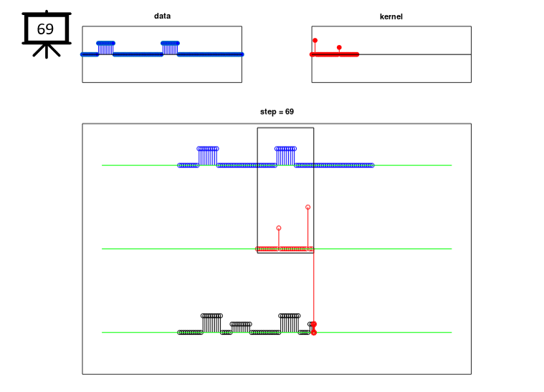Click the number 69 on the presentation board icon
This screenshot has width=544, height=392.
tap(45, 29)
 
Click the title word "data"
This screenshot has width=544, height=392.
tap(162, 16)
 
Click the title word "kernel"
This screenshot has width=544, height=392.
tap(391, 16)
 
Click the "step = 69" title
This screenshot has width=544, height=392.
tap(277, 112)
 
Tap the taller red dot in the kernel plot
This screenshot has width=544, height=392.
tap(315, 41)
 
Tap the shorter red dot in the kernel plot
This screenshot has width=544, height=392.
tap(339, 47)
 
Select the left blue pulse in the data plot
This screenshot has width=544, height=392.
tap(106, 48)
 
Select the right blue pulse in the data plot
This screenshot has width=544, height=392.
tap(170, 48)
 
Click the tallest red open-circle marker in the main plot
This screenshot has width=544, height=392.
tap(307, 207)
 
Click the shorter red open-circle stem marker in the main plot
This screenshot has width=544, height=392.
tap(279, 228)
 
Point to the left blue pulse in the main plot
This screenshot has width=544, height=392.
tap(208, 156)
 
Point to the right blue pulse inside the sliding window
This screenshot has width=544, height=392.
tap(285, 156)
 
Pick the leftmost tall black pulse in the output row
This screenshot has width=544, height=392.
tap(211, 323)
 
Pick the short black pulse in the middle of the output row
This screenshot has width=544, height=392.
tap(241, 327)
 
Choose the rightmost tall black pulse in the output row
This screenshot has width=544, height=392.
tap(290, 323)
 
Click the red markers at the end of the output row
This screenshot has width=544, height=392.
tap(314, 328)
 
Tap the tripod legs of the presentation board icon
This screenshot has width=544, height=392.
tap(47, 51)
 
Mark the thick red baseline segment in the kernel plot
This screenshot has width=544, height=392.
tap(334, 54)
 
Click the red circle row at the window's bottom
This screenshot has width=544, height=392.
tap(285, 249)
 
